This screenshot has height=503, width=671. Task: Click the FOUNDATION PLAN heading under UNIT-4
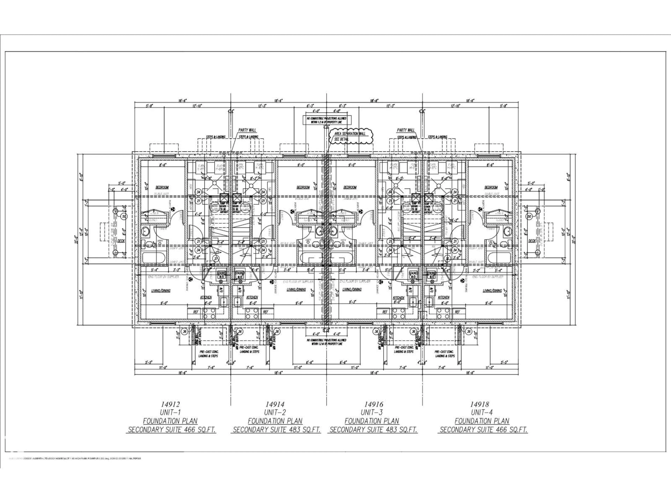(x=482, y=421)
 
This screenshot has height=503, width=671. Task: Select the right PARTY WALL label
(x=406, y=130)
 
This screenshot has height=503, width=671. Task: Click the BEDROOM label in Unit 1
(x=162, y=187)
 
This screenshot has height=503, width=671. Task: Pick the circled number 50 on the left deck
(x=124, y=216)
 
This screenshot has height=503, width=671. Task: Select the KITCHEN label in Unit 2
(x=252, y=297)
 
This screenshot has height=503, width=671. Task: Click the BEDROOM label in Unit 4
(x=491, y=187)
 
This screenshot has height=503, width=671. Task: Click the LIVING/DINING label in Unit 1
(x=161, y=291)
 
